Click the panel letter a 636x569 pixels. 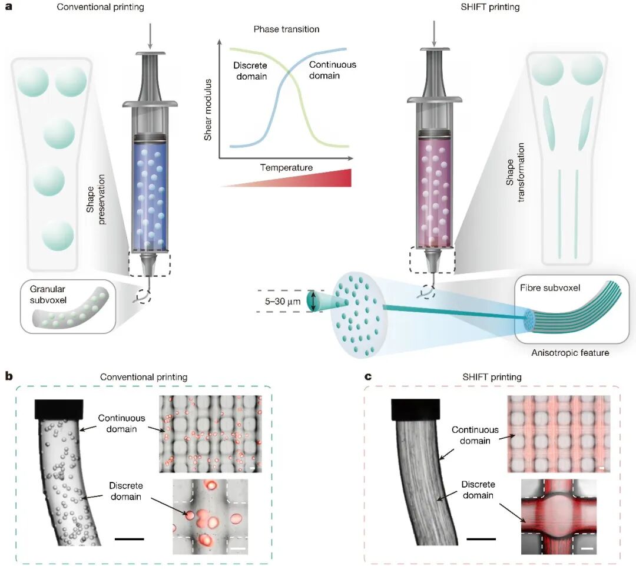pos(8,6)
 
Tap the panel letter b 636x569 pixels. pos(8,376)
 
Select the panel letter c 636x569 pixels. pos(368,376)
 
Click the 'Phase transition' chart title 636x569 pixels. pos(286,29)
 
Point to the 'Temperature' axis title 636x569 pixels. pos(286,168)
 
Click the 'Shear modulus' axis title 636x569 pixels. pos(208,110)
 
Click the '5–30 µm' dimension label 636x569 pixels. pos(283,302)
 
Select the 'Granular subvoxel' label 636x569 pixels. pos(48,295)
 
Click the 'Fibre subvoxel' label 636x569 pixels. pos(550,288)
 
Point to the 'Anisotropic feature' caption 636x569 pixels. pos(570,353)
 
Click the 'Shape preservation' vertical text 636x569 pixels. pos(95,199)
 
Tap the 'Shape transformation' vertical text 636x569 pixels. pos(515,173)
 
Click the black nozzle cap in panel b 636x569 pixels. pos(59,409)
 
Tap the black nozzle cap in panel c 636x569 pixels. pos(416,409)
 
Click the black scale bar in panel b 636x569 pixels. pos(130,539)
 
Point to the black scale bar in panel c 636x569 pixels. pos(481,539)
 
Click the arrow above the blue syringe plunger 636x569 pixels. pos(150,37)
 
